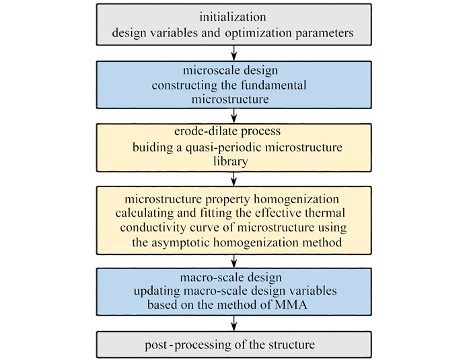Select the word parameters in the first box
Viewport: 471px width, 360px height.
tap(326, 32)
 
